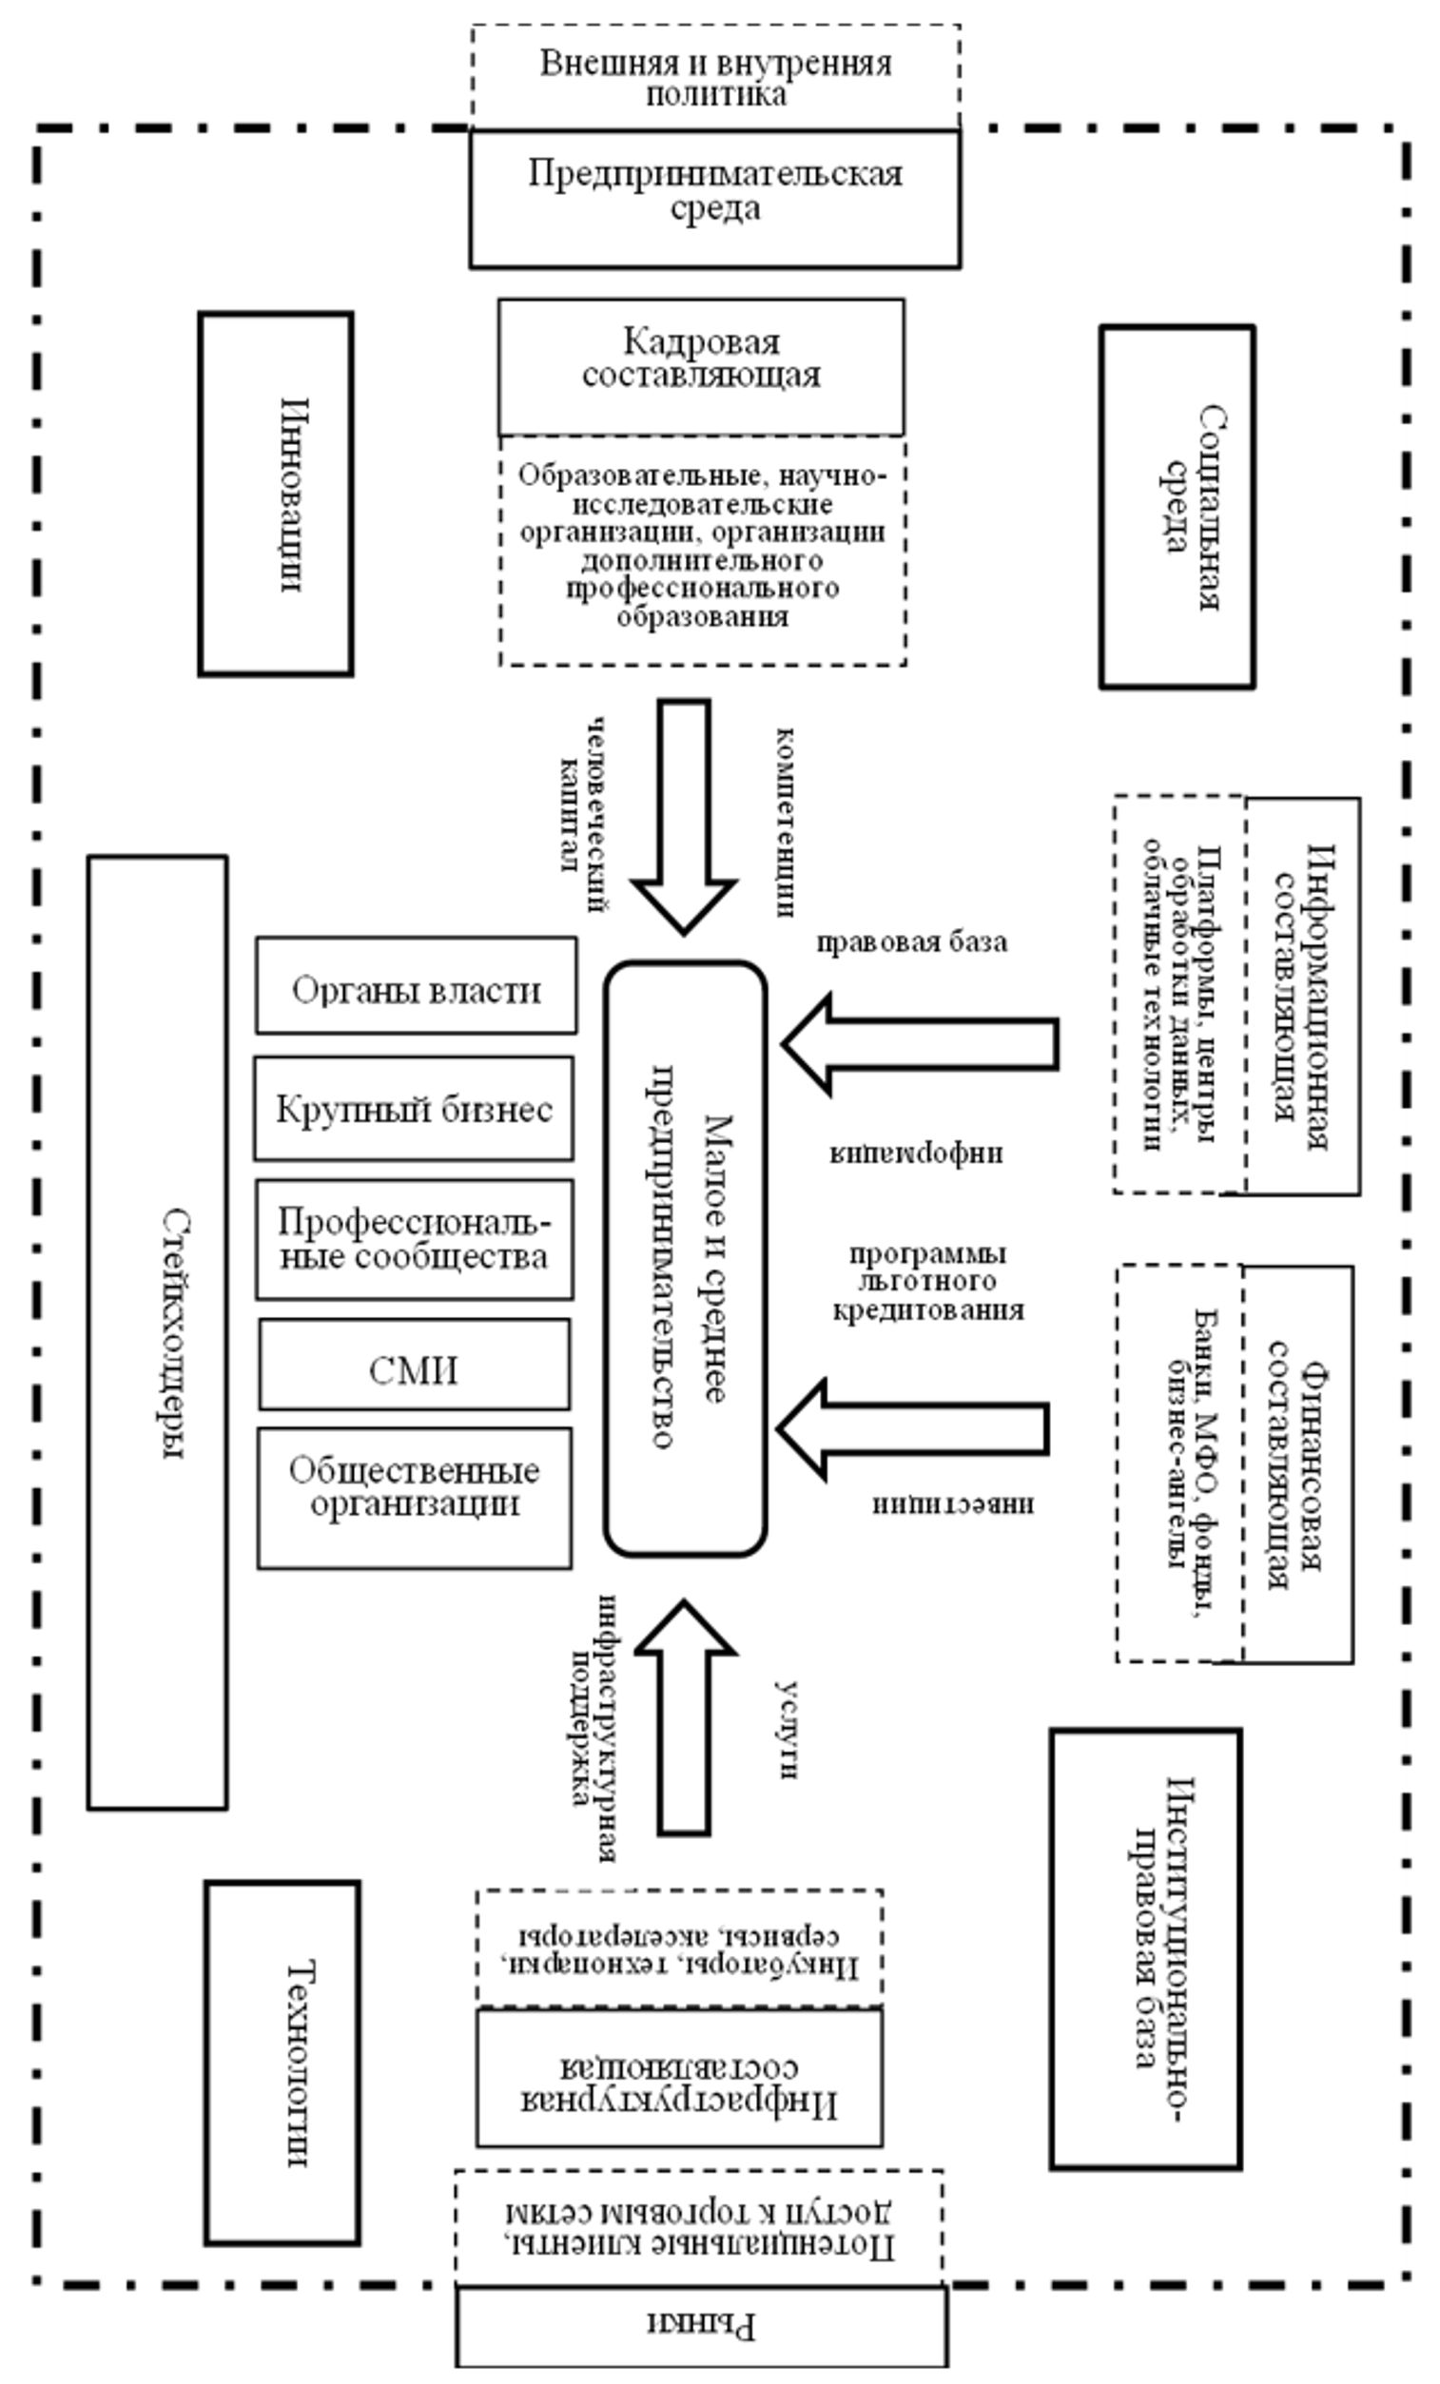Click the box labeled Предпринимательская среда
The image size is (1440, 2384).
[x=714, y=199]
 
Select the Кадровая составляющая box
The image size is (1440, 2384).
[x=701, y=366]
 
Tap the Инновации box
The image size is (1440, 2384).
[x=276, y=494]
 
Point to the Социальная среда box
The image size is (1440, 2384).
[x=1177, y=507]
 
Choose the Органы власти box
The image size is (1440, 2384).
[x=417, y=985]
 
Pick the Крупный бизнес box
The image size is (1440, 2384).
[x=414, y=1108]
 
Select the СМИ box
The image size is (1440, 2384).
[x=414, y=1365]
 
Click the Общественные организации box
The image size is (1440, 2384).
[x=414, y=1497]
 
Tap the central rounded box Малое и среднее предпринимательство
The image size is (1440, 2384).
[x=685, y=1258]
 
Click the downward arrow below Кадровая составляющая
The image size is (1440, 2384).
[x=684, y=813]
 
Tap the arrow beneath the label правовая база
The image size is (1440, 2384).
[x=920, y=1044]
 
